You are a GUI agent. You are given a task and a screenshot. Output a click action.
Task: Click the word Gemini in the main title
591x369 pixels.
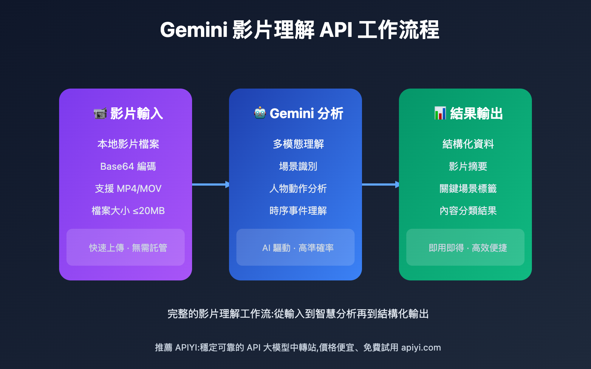pyautogui.click(x=194, y=30)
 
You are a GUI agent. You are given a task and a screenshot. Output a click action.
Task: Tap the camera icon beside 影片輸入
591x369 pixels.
pyautogui.click(x=100, y=113)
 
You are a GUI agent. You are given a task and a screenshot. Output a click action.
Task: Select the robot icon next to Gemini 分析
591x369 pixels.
pyautogui.click(x=260, y=113)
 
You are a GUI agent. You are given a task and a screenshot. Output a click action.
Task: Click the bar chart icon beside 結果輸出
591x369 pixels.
pyautogui.click(x=440, y=113)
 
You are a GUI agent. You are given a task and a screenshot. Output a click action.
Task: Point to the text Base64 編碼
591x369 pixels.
pyautogui.click(x=128, y=166)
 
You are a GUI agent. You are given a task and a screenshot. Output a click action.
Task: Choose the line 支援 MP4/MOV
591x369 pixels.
pyautogui.click(x=128, y=189)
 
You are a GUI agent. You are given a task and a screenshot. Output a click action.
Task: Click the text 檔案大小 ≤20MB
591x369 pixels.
pyautogui.click(x=128, y=211)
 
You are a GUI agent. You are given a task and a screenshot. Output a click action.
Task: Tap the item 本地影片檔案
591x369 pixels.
pyautogui.click(x=128, y=144)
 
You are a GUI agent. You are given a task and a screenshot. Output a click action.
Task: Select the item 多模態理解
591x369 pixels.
pyautogui.click(x=298, y=144)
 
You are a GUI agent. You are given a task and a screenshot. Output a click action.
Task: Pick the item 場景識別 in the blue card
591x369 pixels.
pyautogui.click(x=298, y=166)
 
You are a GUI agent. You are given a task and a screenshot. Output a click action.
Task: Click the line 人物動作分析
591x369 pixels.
pyautogui.click(x=298, y=189)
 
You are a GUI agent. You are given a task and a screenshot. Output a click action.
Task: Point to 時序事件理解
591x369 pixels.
pyautogui.click(x=298, y=211)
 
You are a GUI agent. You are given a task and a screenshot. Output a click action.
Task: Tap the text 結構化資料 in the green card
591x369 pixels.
pyautogui.click(x=468, y=144)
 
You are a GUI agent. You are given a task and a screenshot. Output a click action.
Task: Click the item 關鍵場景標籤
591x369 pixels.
pyautogui.click(x=468, y=189)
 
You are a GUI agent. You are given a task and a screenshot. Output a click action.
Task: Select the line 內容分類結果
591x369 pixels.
pyautogui.click(x=468, y=211)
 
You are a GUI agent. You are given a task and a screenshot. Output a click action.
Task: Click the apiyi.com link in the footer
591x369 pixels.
pyautogui.click(x=421, y=348)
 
